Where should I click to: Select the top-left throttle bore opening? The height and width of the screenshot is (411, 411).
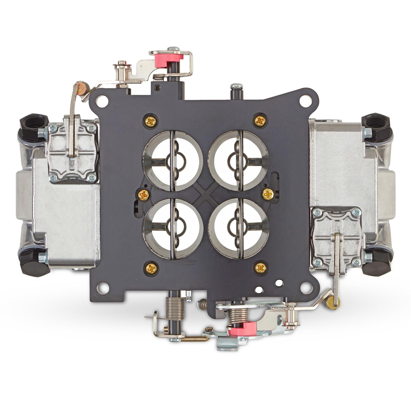click(170, 160)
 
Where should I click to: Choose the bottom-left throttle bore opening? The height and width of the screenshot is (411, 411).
click(170, 228)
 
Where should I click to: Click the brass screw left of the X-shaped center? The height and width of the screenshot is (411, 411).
click(144, 195)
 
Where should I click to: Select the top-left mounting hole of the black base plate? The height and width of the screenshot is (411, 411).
click(102, 101)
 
